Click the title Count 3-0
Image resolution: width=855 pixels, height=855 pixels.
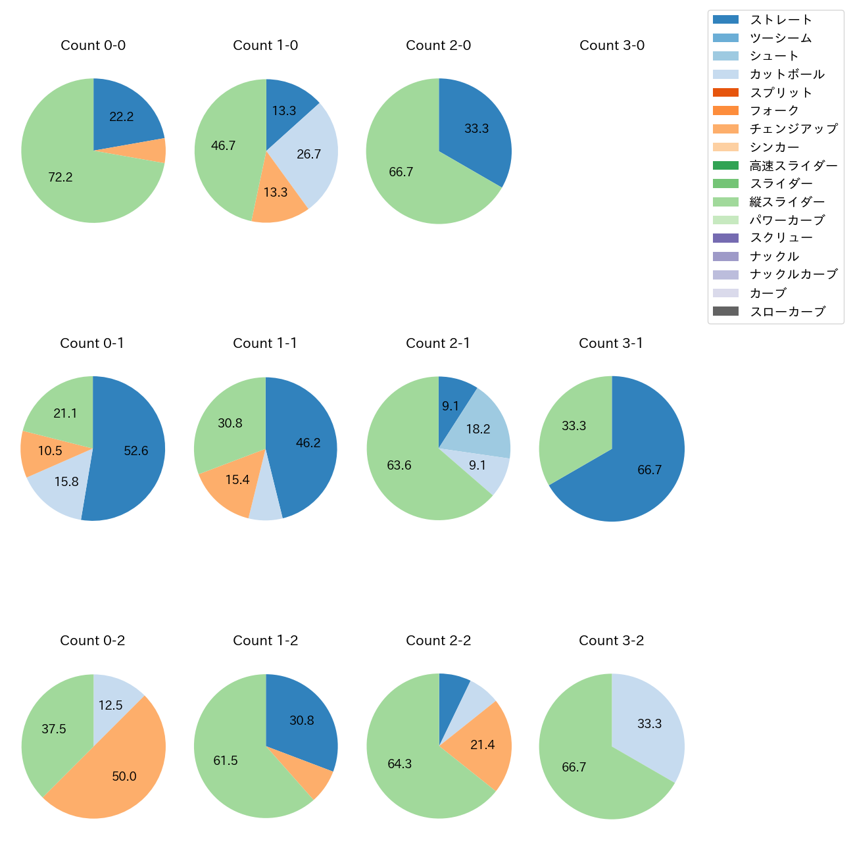click(x=612, y=45)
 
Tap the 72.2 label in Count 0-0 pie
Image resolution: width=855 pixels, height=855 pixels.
click(x=61, y=177)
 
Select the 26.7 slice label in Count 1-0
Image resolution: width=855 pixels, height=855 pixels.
click(x=308, y=155)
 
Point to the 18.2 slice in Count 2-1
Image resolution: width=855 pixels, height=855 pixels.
click(x=478, y=429)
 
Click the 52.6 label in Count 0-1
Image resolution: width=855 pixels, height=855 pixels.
click(x=136, y=451)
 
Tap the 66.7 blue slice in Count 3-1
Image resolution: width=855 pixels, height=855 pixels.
click(x=649, y=470)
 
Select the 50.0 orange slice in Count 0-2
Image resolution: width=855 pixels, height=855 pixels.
click(x=124, y=776)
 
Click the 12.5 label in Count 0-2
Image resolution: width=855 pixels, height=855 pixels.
click(x=110, y=705)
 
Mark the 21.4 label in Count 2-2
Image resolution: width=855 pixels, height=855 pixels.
click(x=482, y=745)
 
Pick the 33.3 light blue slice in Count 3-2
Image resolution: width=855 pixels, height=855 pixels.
click(x=649, y=723)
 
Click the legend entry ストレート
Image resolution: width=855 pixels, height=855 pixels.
click(x=781, y=20)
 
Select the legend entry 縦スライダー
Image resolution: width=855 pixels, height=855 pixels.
click(x=787, y=202)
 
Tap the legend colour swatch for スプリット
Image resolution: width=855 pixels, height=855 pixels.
click(x=725, y=92)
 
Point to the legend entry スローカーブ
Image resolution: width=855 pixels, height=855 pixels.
click(x=787, y=312)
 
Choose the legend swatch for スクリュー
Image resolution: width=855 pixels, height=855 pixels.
click(x=725, y=238)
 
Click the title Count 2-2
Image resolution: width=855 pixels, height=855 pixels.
click(x=439, y=641)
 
